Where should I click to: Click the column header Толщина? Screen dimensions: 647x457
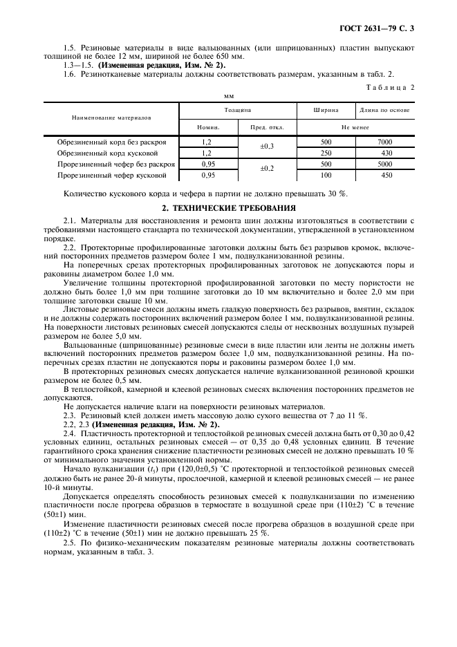[x=237, y=110]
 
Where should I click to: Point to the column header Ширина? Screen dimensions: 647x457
[x=326, y=110]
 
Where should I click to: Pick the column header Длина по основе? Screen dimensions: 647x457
[x=385, y=110]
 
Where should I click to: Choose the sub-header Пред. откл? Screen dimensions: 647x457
[x=267, y=127]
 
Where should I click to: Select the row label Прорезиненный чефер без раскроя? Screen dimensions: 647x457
[x=116, y=165]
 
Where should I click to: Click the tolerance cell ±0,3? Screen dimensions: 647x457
[x=267, y=147]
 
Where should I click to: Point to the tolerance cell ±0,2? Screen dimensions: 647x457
[x=267, y=169]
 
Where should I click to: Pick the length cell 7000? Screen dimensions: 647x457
[x=385, y=141]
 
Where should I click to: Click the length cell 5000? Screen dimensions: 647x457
[x=385, y=165]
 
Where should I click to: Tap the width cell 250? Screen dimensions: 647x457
[x=326, y=153]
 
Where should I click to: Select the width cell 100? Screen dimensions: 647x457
[x=326, y=176]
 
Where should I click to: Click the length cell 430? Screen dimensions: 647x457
[x=385, y=153]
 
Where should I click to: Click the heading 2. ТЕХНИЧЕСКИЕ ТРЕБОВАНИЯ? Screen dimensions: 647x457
[x=228, y=207]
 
